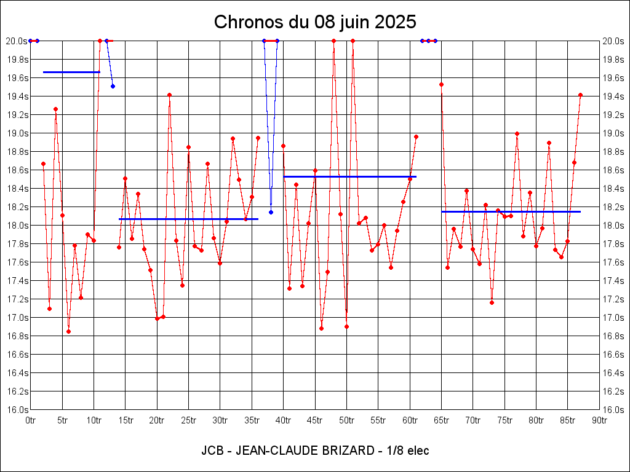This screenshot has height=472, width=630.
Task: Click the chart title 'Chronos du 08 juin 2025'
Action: pos(315,22)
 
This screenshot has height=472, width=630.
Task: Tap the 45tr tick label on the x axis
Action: pos(315,420)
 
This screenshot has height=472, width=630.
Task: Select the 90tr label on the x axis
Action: pos(599,420)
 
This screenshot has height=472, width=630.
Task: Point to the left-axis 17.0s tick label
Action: pos(17,318)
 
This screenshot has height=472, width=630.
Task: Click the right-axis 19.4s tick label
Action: pos(613,96)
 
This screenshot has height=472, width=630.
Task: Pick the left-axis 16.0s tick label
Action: pos(17,410)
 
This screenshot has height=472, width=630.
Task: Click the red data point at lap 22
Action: pos(169,95)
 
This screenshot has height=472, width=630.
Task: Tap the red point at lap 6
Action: pos(68,331)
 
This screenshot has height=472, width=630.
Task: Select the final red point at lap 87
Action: pos(580,95)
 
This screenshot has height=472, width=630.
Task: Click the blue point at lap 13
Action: pos(113,86)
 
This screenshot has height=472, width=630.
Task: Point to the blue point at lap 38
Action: pos(271,212)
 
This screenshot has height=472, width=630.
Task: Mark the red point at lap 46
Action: pos(321,328)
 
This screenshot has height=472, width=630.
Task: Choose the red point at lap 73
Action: pos(492,302)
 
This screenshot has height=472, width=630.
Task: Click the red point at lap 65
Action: pos(441,84)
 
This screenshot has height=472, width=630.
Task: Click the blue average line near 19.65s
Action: pos(71,72)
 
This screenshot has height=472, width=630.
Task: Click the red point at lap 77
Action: pos(517,133)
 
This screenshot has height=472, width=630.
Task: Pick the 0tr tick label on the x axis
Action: pos(31,420)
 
